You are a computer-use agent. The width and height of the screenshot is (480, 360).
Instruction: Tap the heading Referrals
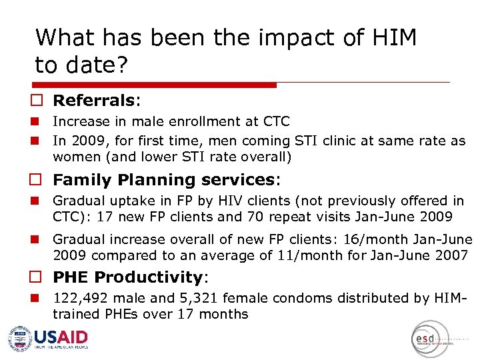tap(94, 101)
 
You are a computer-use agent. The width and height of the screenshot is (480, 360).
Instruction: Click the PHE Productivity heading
tap(129, 277)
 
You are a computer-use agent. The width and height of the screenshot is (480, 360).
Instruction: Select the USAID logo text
tap(61, 337)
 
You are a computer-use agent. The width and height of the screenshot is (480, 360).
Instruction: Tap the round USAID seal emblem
tap(20, 339)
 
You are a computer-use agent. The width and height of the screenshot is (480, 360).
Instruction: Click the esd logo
tap(425, 339)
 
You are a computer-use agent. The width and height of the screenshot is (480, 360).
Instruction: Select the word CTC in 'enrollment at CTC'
tap(275, 122)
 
